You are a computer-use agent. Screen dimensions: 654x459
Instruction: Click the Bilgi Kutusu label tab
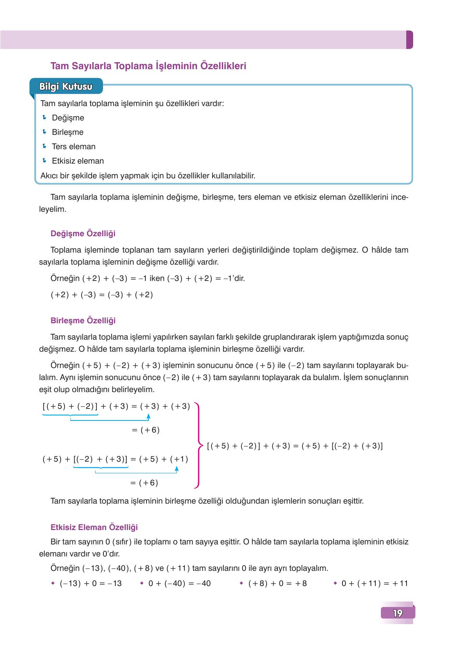(66, 87)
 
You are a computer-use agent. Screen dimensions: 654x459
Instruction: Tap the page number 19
(398, 613)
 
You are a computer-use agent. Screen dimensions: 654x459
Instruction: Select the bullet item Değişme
(68, 118)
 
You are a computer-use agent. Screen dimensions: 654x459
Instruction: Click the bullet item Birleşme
(68, 132)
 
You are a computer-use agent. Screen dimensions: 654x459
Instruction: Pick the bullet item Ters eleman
(73, 146)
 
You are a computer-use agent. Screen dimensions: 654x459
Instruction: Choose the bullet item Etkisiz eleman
(78, 161)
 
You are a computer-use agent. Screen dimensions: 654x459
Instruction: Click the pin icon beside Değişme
(44, 117)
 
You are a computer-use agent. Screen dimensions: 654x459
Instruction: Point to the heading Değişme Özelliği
(83, 234)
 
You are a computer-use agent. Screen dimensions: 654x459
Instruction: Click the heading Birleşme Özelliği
(83, 321)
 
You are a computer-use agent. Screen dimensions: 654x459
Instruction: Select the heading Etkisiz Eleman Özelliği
(94, 527)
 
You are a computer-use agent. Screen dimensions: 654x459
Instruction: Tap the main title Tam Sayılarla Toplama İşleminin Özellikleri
(148, 66)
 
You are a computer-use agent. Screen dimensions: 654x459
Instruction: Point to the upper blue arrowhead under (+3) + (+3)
(148, 417)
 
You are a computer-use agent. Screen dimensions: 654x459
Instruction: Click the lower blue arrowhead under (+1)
(176, 469)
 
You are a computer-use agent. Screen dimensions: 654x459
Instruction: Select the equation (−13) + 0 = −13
(91, 583)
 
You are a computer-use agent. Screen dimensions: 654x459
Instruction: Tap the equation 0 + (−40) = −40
(179, 583)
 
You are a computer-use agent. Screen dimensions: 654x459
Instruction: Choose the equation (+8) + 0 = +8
(277, 583)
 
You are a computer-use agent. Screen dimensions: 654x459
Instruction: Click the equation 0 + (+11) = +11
(374, 583)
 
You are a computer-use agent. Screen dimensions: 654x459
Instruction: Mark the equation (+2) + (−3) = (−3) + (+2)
(102, 295)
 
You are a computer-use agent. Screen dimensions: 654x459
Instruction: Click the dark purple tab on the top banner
(409, 40)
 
